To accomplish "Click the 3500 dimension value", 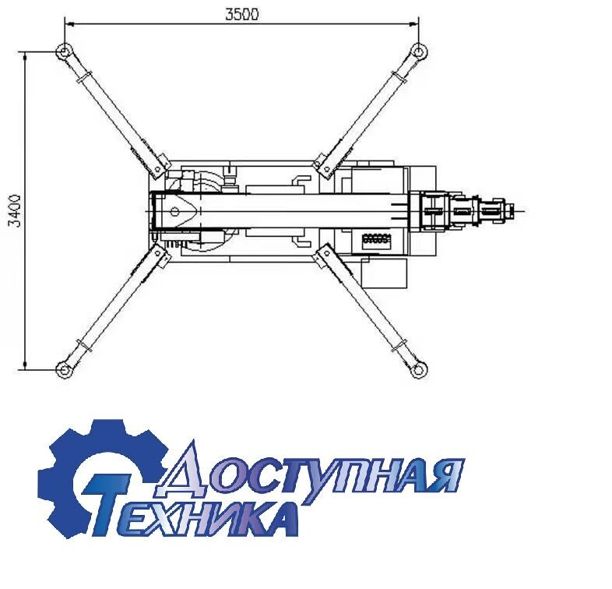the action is [x=242, y=14].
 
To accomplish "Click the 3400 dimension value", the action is [x=15, y=210].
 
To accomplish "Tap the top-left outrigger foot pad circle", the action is [x=64, y=51].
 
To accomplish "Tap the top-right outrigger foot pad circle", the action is [x=418, y=51].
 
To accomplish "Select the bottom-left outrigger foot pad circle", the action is [x=64, y=369].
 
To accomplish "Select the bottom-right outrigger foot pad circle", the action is [x=418, y=369].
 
